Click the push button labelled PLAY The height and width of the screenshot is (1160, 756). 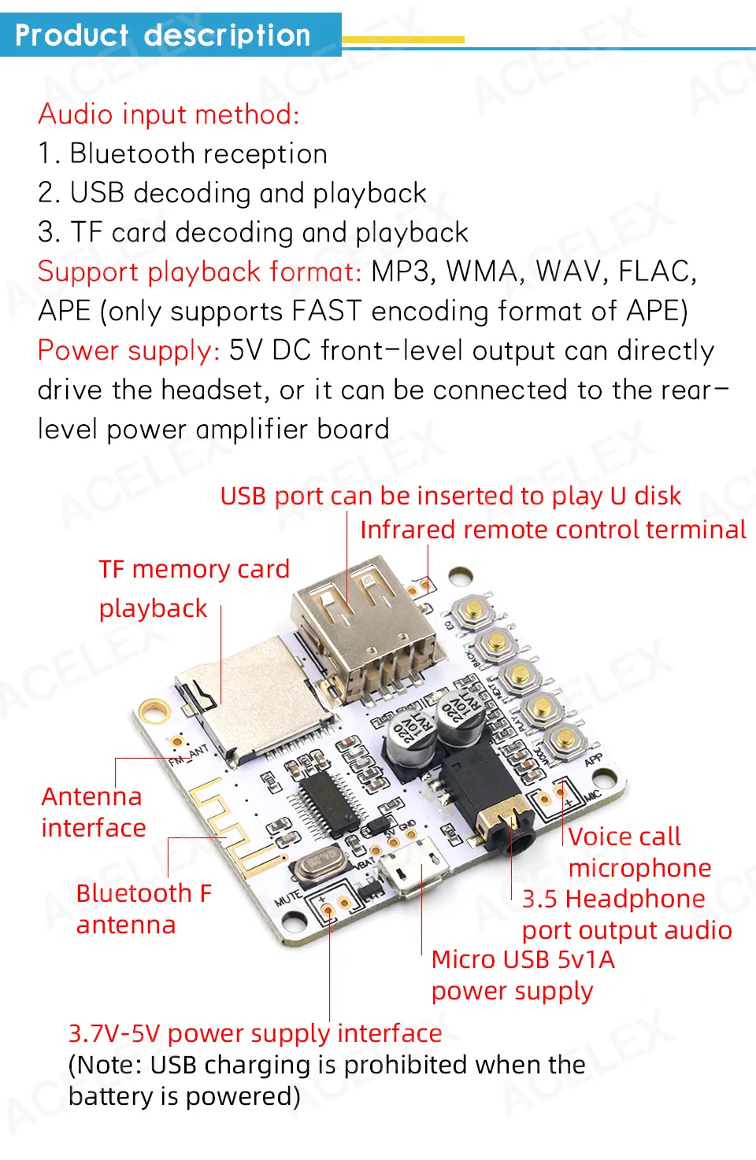(543, 708)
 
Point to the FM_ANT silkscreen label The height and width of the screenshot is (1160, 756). (188, 755)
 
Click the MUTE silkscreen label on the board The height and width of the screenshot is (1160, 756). (287, 897)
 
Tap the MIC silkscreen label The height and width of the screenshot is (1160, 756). (592, 796)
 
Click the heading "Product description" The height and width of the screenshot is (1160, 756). (163, 35)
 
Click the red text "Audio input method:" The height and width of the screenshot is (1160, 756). (169, 115)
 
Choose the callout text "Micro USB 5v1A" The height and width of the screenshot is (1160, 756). (523, 959)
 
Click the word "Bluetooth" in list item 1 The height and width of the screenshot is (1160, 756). (143, 154)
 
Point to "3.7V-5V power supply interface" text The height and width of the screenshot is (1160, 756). (255, 1033)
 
